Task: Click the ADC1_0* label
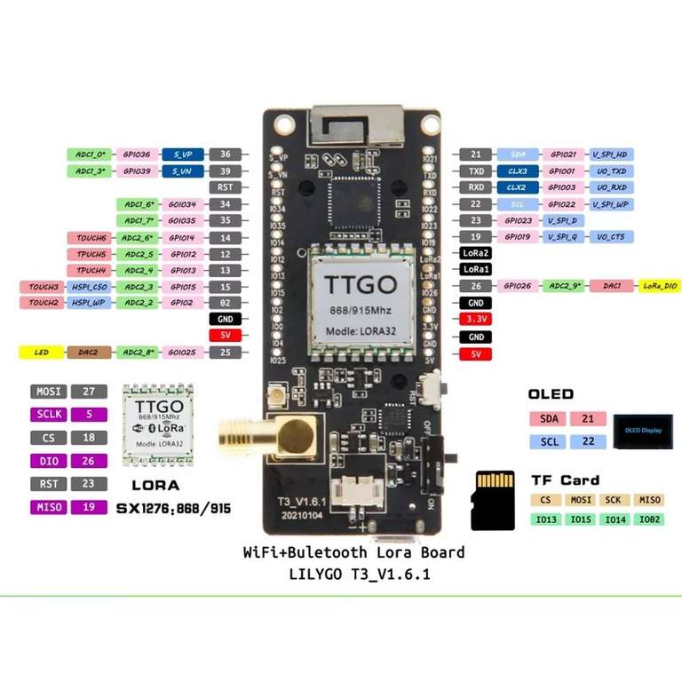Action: point(90,154)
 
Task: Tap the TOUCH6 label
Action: point(90,237)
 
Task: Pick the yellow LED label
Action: point(42,353)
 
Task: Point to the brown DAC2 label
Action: point(90,353)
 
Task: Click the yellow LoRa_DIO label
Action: point(660,286)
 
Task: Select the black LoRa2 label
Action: point(477,253)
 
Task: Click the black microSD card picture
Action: point(493,500)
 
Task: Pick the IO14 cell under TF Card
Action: point(615,519)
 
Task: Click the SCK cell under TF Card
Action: point(615,501)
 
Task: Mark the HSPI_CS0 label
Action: point(90,287)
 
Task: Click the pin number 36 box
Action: point(226,154)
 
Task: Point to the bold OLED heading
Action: point(551,394)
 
